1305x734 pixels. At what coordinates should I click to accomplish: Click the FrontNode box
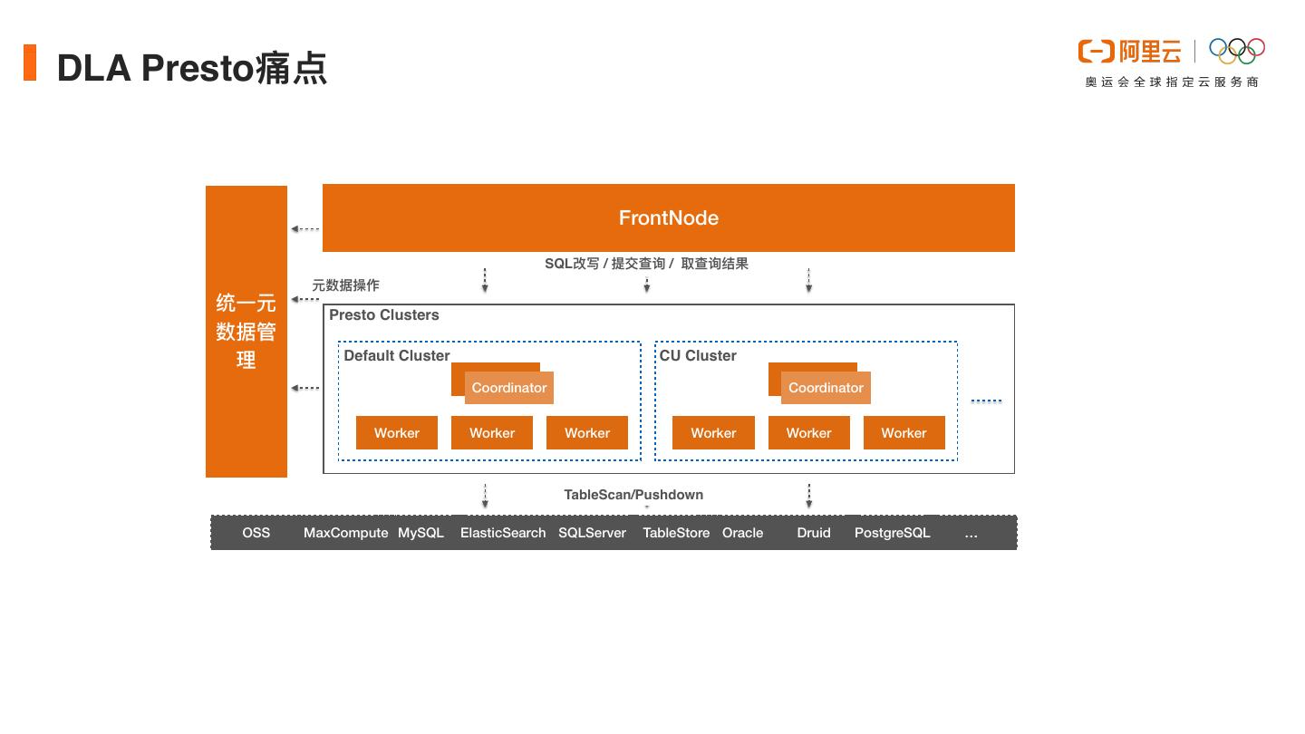click(668, 217)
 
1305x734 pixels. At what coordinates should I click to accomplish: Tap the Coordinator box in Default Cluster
click(508, 388)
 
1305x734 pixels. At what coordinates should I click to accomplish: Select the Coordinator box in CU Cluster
click(826, 388)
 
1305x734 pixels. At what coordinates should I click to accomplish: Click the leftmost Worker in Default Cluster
click(397, 433)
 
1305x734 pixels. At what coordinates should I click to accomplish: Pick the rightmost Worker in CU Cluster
click(904, 433)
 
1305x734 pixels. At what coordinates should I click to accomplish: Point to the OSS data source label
click(256, 533)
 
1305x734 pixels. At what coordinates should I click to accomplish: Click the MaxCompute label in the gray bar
click(345, 533)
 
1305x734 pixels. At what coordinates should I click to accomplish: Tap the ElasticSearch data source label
click(503, 533)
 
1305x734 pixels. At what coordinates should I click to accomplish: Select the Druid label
click(814, 533)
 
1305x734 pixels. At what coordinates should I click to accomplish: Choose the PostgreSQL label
click(892, 533)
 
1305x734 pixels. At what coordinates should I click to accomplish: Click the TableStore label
click(676, 533)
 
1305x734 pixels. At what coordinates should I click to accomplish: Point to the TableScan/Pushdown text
click(633, 495)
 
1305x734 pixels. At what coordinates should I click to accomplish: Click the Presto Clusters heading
click(383, 315)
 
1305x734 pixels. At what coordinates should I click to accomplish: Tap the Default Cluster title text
click(397, 356)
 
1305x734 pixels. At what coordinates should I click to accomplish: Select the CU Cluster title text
click(698, 356)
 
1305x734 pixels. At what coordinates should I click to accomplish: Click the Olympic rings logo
click(1237, 51)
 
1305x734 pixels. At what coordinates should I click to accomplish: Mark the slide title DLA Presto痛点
click(191, 68)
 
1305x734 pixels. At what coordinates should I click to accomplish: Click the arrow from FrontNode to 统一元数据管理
click(305, 229)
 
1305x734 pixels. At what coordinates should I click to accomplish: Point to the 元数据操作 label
click(345, 285)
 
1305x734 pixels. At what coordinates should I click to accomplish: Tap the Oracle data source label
click(742, 533)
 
